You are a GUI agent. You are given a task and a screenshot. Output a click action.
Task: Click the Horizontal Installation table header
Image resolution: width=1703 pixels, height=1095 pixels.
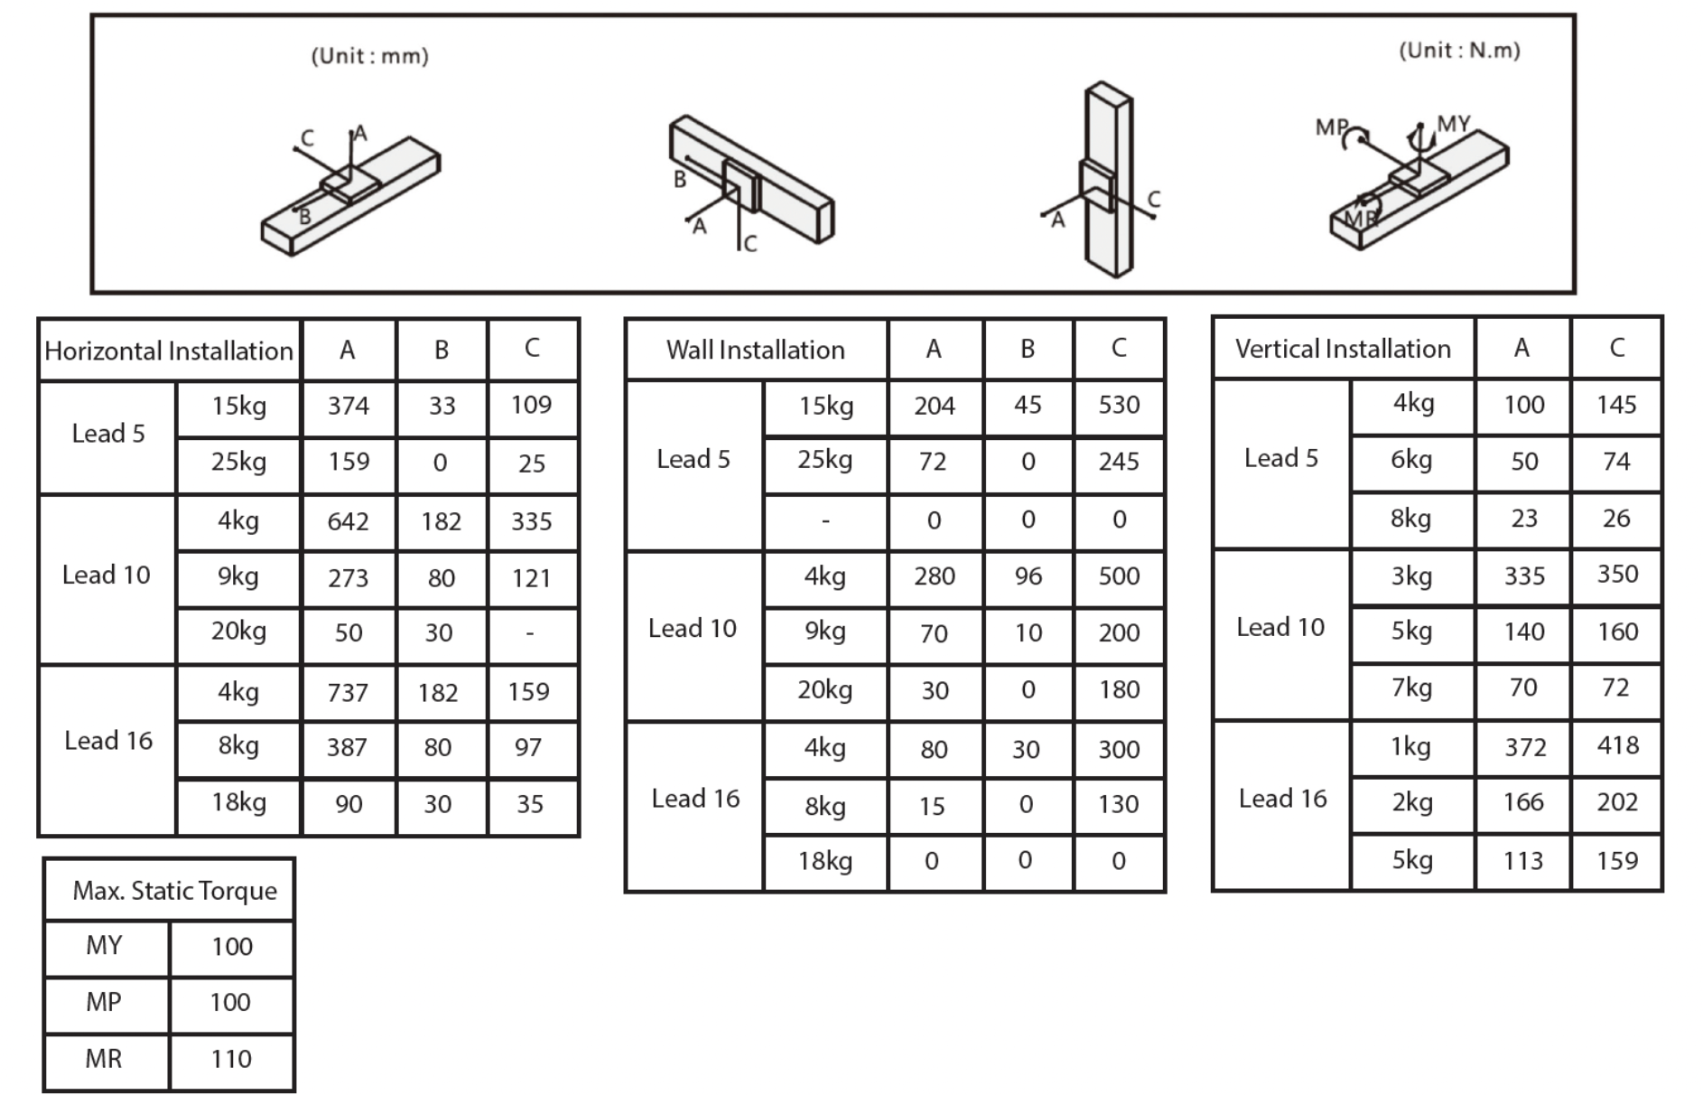click(169, 351)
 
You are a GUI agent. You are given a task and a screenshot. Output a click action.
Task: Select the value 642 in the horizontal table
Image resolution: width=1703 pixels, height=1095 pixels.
click(348, 521)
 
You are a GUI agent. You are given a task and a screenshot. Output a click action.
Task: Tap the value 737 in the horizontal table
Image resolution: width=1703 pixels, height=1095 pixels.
click(348, 692)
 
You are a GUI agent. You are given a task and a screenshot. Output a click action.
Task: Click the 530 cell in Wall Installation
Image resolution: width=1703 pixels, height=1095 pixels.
click(1119, 405)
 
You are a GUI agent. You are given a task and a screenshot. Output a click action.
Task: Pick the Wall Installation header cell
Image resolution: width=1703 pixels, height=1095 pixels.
click(755, 350)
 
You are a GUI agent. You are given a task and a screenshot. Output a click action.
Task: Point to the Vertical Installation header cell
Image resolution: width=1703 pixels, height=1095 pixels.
click(1343, 349)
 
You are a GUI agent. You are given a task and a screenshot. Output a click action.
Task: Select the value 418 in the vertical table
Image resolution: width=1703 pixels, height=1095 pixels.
click(1616, 745)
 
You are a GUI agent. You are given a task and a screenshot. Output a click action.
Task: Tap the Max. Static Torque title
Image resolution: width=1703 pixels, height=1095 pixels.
click(174, 891)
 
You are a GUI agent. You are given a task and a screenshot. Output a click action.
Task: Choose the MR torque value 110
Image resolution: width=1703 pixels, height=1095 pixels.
click(231, 1059)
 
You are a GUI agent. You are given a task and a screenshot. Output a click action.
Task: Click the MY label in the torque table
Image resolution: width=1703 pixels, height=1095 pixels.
click(104, 946)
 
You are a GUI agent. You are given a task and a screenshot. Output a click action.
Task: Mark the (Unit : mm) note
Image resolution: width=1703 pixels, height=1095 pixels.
click(369, 56)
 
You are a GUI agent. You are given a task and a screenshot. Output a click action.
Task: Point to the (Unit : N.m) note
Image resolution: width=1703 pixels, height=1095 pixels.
click(1459, 51)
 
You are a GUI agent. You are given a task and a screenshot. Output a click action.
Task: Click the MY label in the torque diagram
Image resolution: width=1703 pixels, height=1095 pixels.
click(1453, 124)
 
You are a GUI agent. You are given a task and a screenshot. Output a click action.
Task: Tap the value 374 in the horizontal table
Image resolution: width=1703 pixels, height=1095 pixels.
click(348, 406)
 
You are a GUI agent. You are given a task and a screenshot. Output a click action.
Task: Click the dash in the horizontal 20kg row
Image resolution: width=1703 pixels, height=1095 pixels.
click(530, 633)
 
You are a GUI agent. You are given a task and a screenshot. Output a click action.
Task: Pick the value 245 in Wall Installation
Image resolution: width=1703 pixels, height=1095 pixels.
click(1119, 462)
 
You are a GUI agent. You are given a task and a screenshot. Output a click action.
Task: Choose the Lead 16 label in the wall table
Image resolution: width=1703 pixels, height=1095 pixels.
click(695, 799)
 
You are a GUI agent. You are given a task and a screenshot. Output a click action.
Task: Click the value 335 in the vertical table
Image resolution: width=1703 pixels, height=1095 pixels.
click(1523, 576)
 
